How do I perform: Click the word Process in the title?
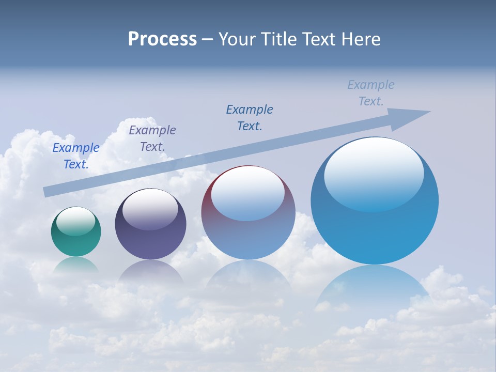pyautogui.click(x=162, y=39)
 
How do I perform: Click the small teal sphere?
pyautogui.click(x=76, y=240)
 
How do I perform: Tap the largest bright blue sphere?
pyautogui.click(x=375, y=233)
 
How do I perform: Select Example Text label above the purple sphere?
pyautogui.click(x=152, y=138)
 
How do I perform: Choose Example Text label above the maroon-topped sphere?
pyautogui.click(x=250, y=118)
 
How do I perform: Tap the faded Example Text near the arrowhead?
pyautogui.click(x=371, y=93)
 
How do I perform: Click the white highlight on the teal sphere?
pyautogui.click(x=76, y=221)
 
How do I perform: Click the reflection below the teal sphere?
pyautogui.click(x=76, y=265)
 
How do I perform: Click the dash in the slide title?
pyautogui.click(x=208, y=39)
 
